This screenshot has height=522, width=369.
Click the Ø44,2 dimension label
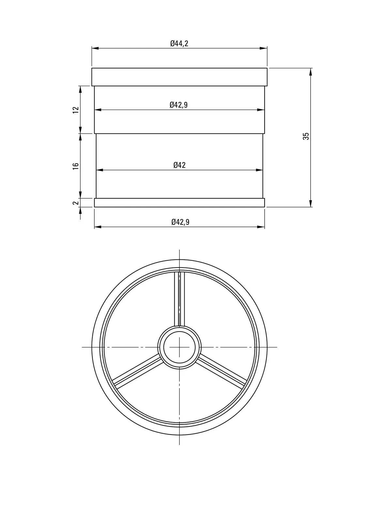pos(179,43)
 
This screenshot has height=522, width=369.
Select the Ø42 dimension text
pos(179,165)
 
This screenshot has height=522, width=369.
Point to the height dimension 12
pos(76,110)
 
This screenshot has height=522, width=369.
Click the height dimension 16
pos(76,166)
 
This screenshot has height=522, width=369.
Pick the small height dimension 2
pos(76,203)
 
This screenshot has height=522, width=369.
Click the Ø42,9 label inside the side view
pos(178,105)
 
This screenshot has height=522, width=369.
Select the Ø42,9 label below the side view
pos(180,222)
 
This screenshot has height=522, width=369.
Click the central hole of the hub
pos(179,347)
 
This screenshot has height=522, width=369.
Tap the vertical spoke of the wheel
pos(179,299)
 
